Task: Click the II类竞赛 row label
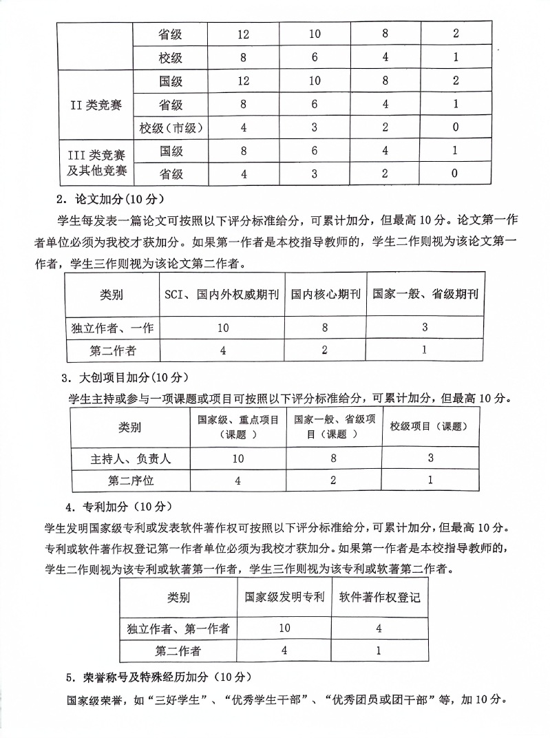(96, 105)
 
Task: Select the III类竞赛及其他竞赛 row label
(96, 162)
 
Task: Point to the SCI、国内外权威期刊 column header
(221, 294)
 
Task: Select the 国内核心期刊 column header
(325, 294)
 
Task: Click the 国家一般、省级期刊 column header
(425, 294)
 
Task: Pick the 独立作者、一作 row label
(112, 328)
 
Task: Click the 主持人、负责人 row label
(130, 458)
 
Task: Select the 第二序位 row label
(130, 481)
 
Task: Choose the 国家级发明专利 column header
(284, 597)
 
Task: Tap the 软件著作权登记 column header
(379, 597)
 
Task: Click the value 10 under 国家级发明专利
(284, 628)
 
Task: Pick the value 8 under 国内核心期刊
(324, 328)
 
